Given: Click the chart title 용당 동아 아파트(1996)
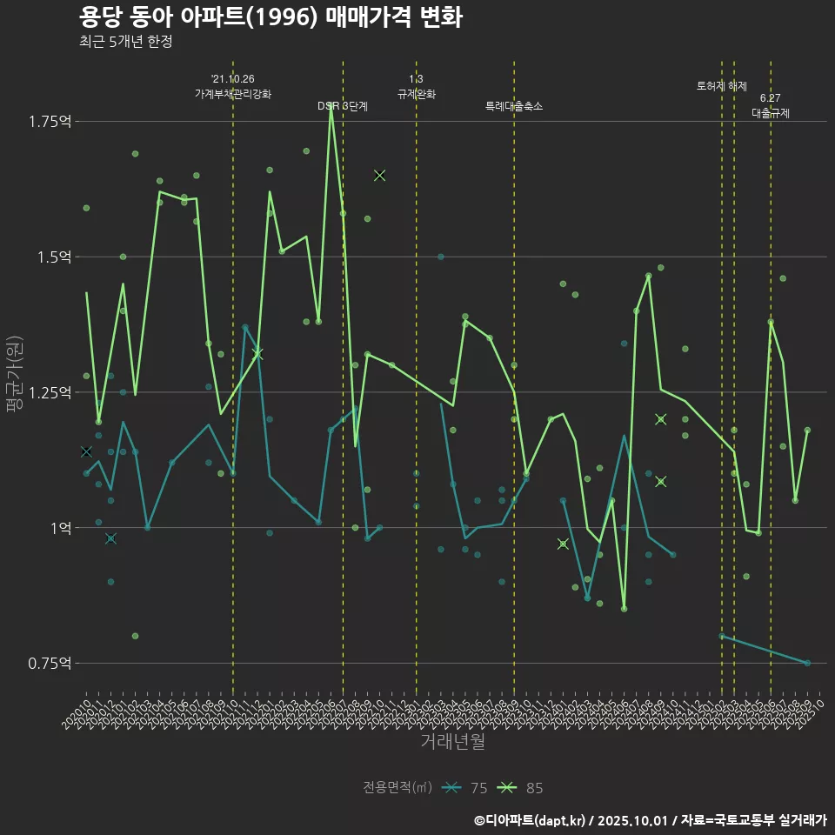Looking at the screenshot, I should click(270, 17).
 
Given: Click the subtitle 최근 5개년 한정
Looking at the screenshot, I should click(130, 41).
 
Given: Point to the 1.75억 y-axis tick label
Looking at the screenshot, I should click(50, 121).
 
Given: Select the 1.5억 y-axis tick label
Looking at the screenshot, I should click(53, 257).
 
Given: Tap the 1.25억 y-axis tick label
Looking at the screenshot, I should click(50, 392).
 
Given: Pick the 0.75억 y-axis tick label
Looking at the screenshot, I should click(50, 663).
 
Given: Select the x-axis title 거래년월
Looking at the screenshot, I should click(452, 741).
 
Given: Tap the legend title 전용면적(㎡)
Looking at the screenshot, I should click(397, 788).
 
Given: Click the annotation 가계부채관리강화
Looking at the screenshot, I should click(233, 94).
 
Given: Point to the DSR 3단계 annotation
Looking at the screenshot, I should click(343, 106).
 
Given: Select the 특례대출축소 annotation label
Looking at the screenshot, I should click(513, 106).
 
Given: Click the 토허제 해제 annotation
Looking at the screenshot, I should click(722, 86).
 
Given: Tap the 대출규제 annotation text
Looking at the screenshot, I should click(771, 113).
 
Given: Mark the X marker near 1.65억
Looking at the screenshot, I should click(379, 176).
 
